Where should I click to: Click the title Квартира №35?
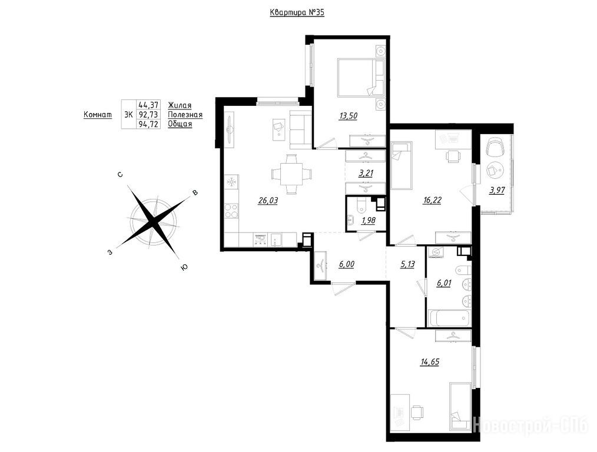297,12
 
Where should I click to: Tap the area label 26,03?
268,201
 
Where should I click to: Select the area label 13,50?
348,116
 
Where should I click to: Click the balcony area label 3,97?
497,190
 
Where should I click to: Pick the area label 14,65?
429,361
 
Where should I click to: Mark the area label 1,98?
368,221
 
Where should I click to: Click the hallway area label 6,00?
346,264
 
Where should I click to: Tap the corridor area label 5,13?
407,264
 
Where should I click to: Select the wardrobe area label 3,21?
366,173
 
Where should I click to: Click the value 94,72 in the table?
148,124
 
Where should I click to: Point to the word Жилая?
180,105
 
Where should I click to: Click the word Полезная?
185,115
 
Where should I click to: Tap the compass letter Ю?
184,268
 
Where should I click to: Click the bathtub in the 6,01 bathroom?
449,318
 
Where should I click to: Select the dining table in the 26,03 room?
291,175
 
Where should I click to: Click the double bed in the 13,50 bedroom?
360,78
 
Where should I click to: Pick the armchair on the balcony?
496,147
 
